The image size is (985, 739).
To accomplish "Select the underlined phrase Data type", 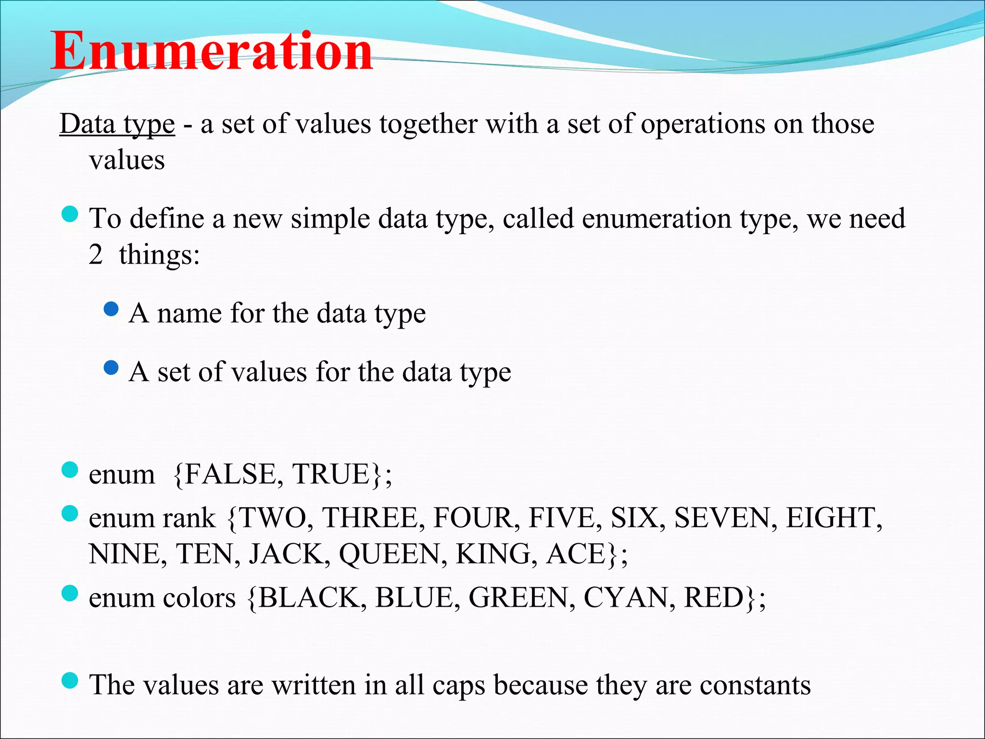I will coord(117,124).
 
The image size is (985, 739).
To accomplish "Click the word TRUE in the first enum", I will coord(331,474).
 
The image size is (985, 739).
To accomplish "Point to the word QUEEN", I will coord(390,554).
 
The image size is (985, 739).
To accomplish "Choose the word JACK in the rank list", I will coord(286,554).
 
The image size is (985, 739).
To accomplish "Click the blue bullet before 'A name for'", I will coord(111,309).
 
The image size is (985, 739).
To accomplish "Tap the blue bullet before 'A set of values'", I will coord(111,368).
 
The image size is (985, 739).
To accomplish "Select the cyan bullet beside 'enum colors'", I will coord(70,593).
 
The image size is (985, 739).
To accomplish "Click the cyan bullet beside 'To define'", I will coord(70,214).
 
